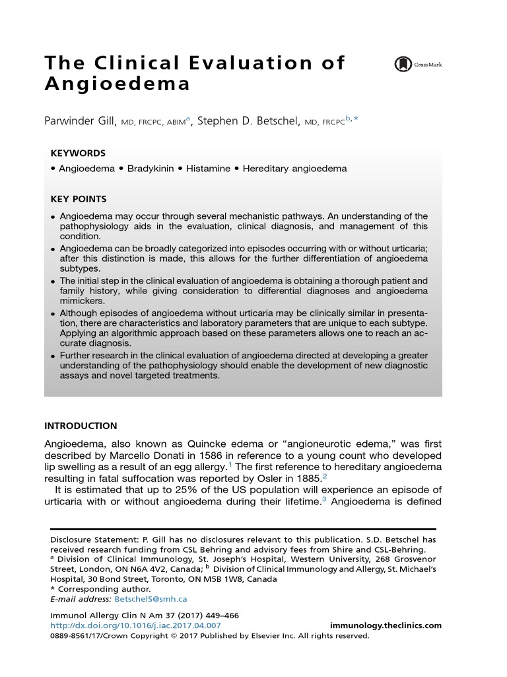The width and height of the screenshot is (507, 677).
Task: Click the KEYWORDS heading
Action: tap(78, 153)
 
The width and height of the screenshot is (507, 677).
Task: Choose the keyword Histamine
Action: tap(208, 169)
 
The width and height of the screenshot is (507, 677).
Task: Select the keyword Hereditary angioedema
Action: tap(294, 169)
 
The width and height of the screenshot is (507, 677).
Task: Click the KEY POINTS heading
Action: tap(79, 198)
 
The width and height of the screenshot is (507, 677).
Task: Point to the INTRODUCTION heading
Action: tap(81, 426)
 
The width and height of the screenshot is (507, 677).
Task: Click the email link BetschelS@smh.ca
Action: tap(151, 599)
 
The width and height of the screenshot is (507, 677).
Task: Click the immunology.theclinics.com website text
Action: tap(385, 625)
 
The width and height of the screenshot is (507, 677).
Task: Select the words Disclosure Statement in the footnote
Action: tap(89, 539)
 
